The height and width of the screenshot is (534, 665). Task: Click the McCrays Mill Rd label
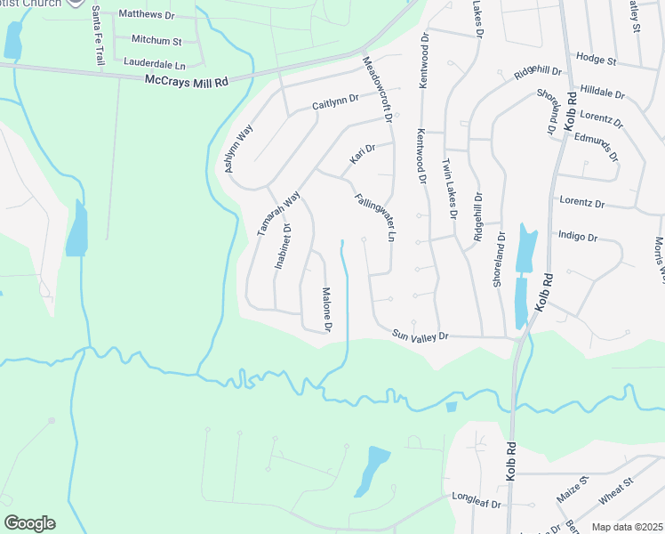coord(186,80)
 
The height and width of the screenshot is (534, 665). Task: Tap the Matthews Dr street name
coord(147,14)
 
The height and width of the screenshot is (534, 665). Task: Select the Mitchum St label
coord(156,41)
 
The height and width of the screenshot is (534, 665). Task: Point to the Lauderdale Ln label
coord(155,65)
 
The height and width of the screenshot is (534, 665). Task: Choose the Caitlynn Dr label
coord(335,103)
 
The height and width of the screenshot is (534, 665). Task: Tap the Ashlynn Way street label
coord(238,148)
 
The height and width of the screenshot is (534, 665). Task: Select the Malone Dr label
coord(326,311)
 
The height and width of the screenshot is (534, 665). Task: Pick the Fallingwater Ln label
coord(374,219)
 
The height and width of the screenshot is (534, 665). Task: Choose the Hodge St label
coord(596,60)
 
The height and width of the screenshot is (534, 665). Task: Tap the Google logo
coord(29,522)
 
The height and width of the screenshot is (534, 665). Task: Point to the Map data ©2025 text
coord(628,527)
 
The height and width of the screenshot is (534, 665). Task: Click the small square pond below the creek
coord(451,408)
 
